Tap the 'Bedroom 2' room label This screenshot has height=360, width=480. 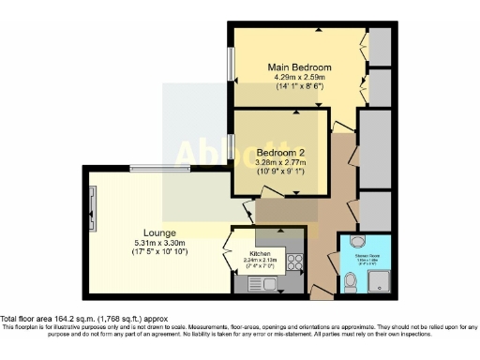281,151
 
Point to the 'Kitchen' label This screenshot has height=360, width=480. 258,253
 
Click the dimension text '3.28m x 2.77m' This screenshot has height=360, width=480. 281,161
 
